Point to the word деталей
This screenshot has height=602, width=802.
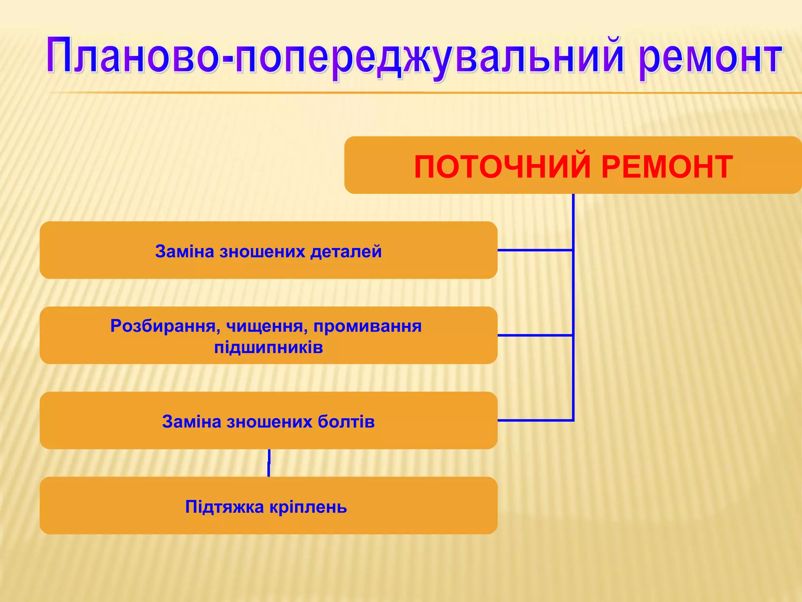tap(346, 251)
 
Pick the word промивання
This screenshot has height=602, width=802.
tap(367, 326)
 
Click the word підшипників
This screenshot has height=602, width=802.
tap(269, 348)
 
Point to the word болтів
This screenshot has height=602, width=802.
tap(346, 422)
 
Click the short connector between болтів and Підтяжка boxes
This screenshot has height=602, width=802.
tap(269, 463)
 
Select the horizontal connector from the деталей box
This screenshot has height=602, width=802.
tap(535, 250)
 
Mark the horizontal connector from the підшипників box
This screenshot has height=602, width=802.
tap(535, 335)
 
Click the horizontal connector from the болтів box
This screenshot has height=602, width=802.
tap(535, 420)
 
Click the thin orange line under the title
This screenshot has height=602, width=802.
tap(392, 93)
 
